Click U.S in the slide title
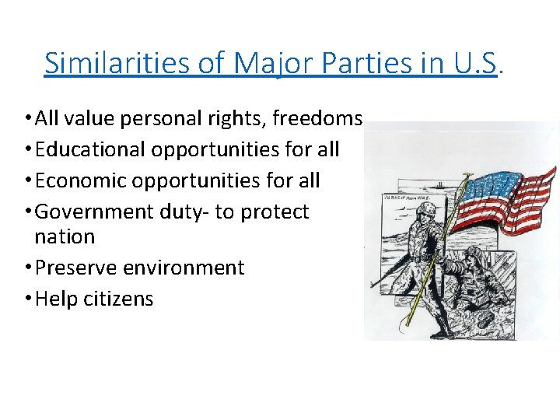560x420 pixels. pyautogui.click(x=474, y=62)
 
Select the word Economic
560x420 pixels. pyautogui.click(x=83, y=180)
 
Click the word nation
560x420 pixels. pyautogui.click(x=65, y=236)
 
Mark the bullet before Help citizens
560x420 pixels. pyautogui.click(x=27, y=299)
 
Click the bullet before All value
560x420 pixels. pyautogui.click(x=27, y=119)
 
